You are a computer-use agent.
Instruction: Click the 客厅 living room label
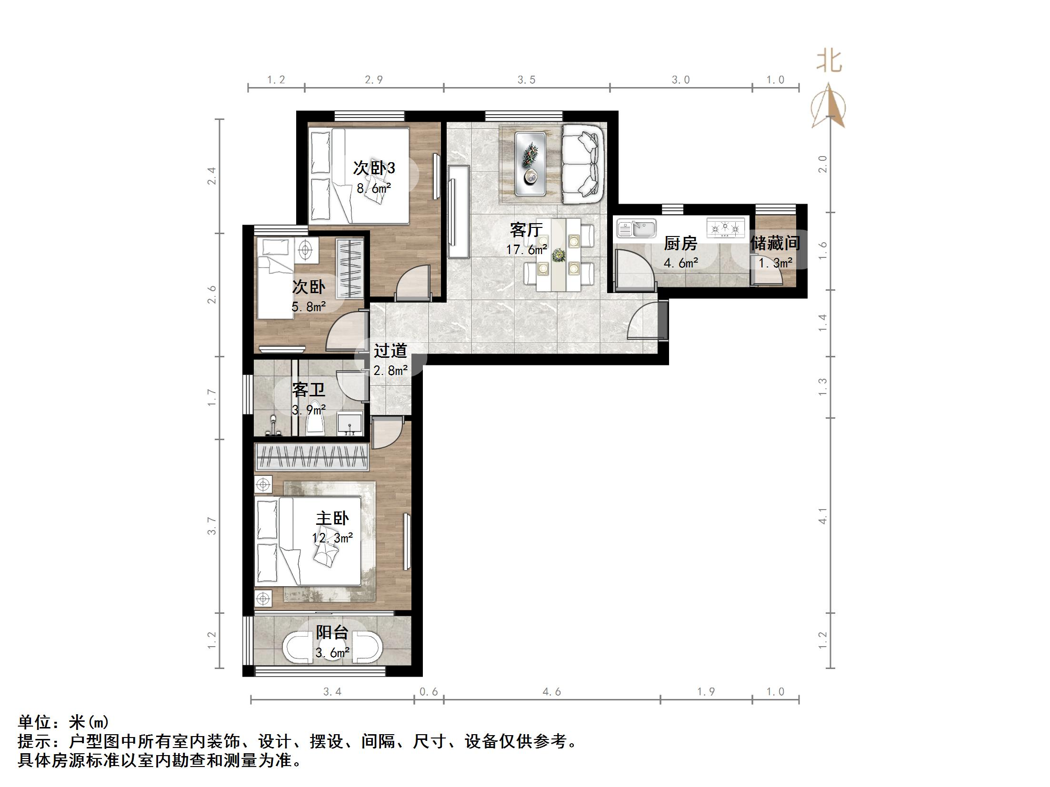(x=526, y=230)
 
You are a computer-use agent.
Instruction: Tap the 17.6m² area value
(x=526, y=249)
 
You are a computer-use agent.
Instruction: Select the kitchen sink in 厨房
(x=636, y=228)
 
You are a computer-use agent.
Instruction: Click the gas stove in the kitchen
(x=726, y=227)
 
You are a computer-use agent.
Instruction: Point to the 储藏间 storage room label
(x=775, y=243)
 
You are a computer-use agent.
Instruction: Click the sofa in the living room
(x=582, y=164)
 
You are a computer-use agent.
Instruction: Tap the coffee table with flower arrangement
(x=530, y=164)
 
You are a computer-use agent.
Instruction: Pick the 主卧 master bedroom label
(x=332, y=518)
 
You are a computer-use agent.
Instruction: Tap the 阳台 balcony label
(x=332, y=632)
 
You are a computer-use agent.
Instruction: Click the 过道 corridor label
(x=390, y=351)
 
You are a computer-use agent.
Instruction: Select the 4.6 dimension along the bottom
(x=551, y=692)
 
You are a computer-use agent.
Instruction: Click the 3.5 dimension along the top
(x=527, y=80)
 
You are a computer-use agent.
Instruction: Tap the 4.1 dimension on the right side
(x=822, y=516)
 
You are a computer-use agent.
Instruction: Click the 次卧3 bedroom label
(x=374, y=167)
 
